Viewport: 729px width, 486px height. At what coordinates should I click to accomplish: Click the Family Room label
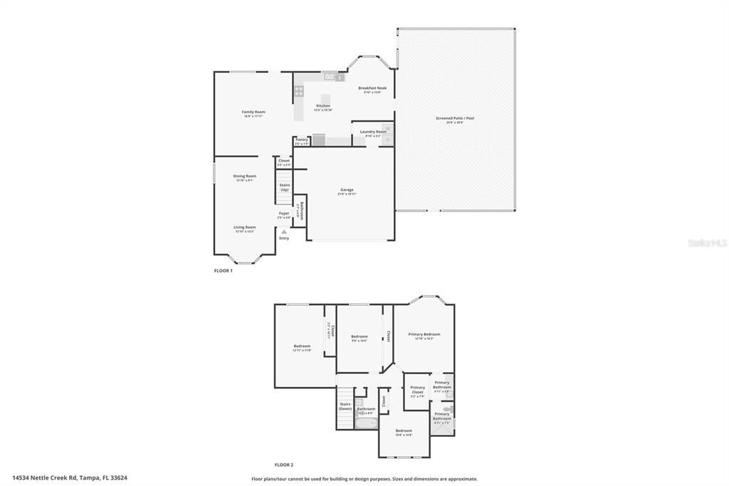253,112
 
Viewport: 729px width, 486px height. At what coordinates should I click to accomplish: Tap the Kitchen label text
323,105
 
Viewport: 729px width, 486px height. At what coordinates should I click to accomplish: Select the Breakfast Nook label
372,88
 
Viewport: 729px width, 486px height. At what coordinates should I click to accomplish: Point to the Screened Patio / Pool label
455,118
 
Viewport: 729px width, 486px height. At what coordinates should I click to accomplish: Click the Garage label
347,190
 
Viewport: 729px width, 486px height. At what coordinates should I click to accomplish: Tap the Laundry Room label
373,132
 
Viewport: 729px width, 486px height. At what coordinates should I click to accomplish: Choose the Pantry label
302,140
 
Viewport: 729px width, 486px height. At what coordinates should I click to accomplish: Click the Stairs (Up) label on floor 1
284,187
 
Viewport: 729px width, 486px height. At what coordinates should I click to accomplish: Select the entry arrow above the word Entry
284,232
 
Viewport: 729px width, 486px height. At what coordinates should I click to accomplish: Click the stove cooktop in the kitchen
299,91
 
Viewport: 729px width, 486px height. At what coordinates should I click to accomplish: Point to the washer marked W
387,129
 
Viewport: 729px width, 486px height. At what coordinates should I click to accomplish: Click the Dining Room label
245,176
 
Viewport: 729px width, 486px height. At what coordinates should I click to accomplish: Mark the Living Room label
245,227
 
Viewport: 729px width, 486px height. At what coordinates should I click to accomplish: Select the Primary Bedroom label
424,334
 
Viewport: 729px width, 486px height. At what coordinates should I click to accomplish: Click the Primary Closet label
417,388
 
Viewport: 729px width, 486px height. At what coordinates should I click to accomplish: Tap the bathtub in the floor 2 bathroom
366,423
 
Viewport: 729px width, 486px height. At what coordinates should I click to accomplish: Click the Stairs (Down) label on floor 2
345,406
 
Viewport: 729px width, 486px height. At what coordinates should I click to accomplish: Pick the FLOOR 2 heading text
284,464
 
